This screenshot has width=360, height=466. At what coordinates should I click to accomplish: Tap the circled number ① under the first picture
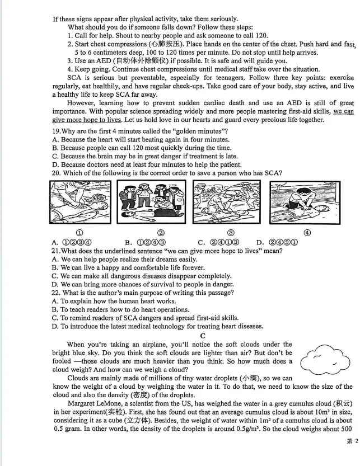point(80,233)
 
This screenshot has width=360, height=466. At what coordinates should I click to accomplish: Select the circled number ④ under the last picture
point(307,233)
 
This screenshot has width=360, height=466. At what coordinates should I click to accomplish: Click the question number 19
point(55,131)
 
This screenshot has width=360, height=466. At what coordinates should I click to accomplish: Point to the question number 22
point(55,293)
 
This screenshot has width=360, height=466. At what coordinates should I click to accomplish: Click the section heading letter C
point(203,336)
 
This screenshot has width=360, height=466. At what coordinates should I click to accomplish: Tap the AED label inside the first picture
point(99,198)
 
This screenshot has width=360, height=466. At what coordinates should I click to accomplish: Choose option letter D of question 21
point(55,284)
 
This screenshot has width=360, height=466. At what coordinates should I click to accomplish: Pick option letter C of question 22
point(55,318)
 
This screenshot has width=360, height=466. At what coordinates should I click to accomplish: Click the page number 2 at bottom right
point(357,441)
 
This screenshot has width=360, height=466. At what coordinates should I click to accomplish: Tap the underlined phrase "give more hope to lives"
point(87,120)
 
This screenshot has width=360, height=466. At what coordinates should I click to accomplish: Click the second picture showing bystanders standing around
point(151,202)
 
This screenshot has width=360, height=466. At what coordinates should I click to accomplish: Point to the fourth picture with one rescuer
point(305,203)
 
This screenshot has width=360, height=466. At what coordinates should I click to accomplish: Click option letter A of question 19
point(55,140)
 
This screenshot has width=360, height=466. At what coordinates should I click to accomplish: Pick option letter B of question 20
point(129,243)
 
